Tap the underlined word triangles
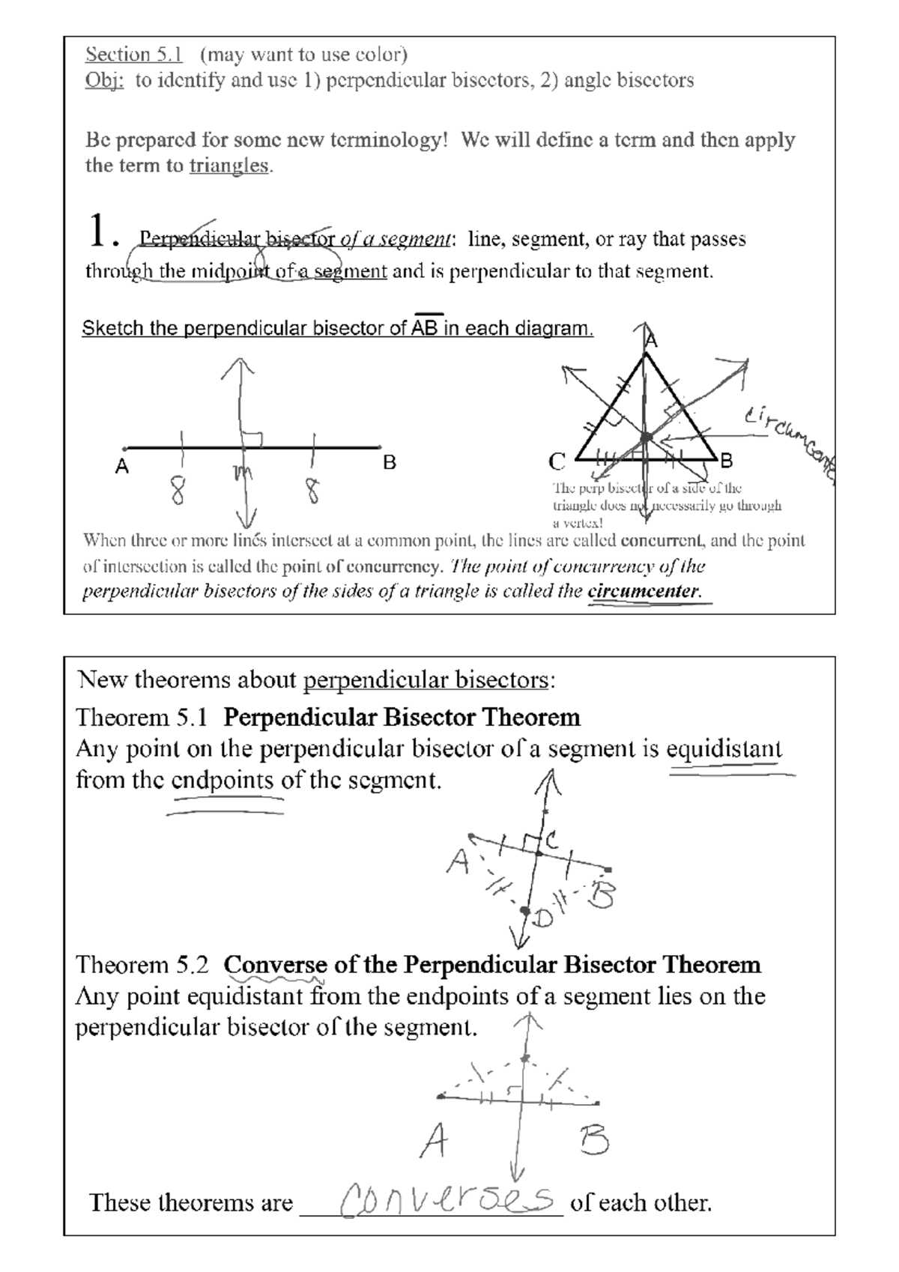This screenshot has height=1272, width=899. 228,166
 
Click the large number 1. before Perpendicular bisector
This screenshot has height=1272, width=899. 103,231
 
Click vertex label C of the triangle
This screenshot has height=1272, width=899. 557,461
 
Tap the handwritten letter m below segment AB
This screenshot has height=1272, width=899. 242,473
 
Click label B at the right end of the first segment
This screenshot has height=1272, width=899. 389,463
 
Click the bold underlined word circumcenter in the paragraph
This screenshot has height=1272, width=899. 644,591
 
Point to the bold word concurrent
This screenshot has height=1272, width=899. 662,540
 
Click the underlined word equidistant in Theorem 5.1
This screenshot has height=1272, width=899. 724,748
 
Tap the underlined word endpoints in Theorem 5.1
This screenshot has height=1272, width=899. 223,781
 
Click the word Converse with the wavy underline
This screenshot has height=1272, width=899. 275,964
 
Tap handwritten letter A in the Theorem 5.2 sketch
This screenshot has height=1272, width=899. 434,1142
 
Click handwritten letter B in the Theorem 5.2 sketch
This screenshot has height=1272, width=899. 593,1141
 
